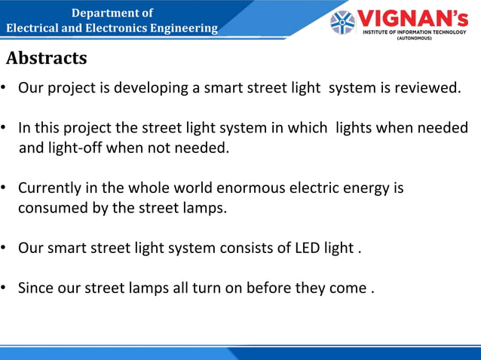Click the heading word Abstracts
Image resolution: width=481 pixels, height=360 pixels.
click(47, 58)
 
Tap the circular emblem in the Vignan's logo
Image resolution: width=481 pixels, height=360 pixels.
click(342, 22)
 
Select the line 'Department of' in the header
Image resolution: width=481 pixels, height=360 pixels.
click(112, 13)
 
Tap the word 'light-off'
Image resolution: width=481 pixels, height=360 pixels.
click(75, 148)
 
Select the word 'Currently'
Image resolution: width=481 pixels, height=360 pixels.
click(48, 188)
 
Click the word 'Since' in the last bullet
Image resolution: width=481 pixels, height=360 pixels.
click(34, 287)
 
